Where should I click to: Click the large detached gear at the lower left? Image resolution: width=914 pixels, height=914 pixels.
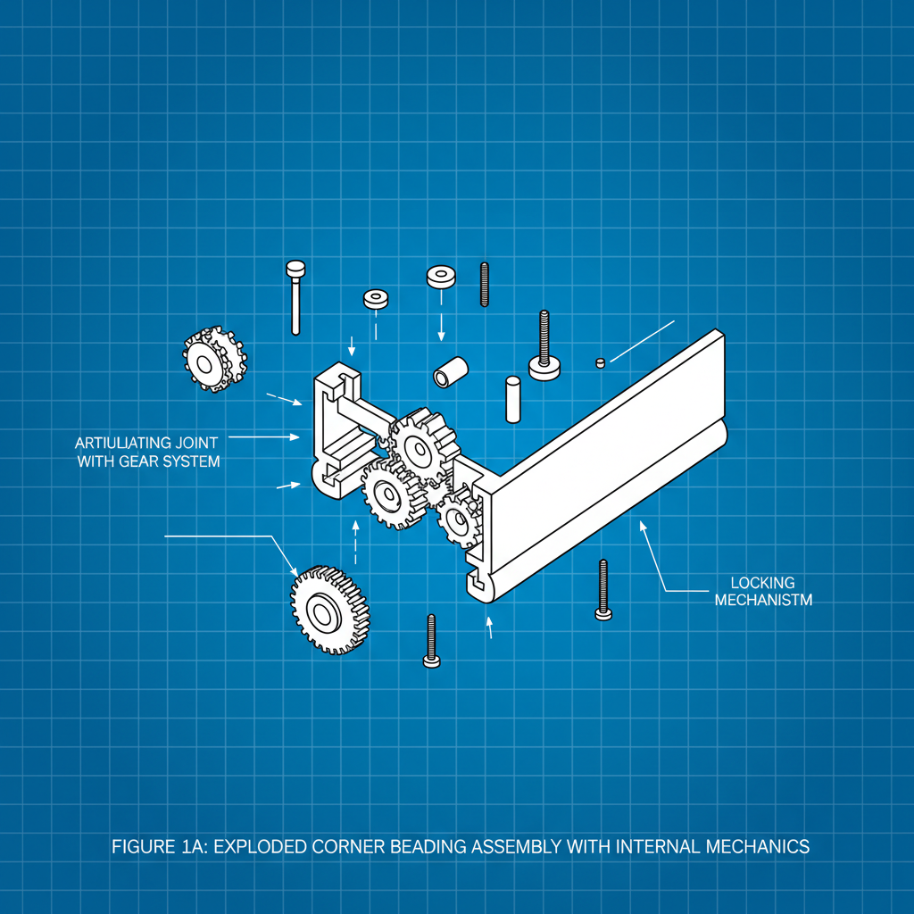tap(330, 610)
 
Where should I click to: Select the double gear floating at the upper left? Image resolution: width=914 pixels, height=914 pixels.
tap(214, 359)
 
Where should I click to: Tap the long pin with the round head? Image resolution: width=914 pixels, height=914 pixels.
tap(295, 297)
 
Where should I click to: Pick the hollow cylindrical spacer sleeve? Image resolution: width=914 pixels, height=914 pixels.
tap(451, 372)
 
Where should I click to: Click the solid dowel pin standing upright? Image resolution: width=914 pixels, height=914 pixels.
tap(513, 399)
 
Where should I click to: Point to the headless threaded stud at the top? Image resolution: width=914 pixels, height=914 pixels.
tap(485, 285)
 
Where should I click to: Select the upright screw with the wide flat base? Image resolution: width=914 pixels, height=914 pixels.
tap(544, 347)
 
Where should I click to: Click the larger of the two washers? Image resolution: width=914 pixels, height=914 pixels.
tap(441, 277)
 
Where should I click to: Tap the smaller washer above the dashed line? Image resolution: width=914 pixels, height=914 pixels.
tap(376, 299)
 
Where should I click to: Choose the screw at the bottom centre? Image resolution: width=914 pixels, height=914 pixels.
tap(431, 641)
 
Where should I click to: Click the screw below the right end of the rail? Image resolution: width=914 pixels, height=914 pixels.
tap(603, 589)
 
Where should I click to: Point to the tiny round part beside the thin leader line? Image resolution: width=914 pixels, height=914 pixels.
tap(601, 363)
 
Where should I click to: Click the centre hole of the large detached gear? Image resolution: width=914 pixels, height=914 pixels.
tap(320, 613)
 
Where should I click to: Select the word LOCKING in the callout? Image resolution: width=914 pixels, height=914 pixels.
tap(762, 583)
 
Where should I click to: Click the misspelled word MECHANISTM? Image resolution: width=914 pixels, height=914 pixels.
tap(763, 600)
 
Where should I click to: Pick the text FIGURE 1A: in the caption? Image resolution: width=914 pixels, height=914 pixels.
tap(159, 846)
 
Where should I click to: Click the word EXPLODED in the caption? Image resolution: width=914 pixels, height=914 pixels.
tap(260, 846)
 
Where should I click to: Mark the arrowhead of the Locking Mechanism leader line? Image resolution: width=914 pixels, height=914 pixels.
tap(643, 525)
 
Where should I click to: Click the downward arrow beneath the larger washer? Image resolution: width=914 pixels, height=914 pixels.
tap(441, 327)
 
